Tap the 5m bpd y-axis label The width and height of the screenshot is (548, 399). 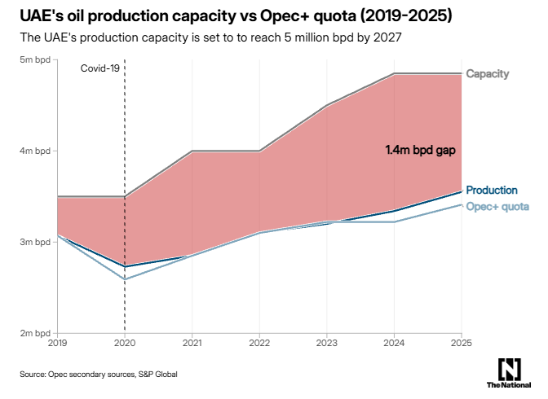pyautogui.click(x=34, y=60)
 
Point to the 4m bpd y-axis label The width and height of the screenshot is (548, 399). pyautogui.click(x=34, y=151)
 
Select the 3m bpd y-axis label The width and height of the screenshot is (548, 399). pyautogui.click(x=34, y=243)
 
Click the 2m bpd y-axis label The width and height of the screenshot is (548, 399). pyautogui.click(x=34, y=334)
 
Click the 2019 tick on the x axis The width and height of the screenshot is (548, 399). pyautogui.click(x=57, y=344)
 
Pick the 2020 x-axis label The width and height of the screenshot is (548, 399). pyautogui.click(x=125, y=344)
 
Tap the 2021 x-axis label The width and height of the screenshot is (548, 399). pyautogui.click(x=192, y=344)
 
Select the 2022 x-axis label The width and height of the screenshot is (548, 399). pyautogui.click(x=259, y=344)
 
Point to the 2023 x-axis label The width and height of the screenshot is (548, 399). pyautogui.click(x=326, y=344)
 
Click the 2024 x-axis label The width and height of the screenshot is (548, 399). pyautogui.click(x=394, y=344)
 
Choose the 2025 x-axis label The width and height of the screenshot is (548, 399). pyautogui.click(x=461, y=344)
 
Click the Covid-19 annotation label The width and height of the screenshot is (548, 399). pyautogui.click(x=99, y=68)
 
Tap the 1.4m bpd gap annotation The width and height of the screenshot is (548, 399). pyautogui.click(x=419, y=151)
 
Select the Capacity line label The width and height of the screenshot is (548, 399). pyautogui.click(x=487, y=74)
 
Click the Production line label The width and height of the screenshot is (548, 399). pyautogui.click(x=491, y=191)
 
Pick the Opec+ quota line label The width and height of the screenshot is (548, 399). pyautogui.click(x=497, y=206)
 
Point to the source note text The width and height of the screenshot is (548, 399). pyautogui.click(x=99, y=375)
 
